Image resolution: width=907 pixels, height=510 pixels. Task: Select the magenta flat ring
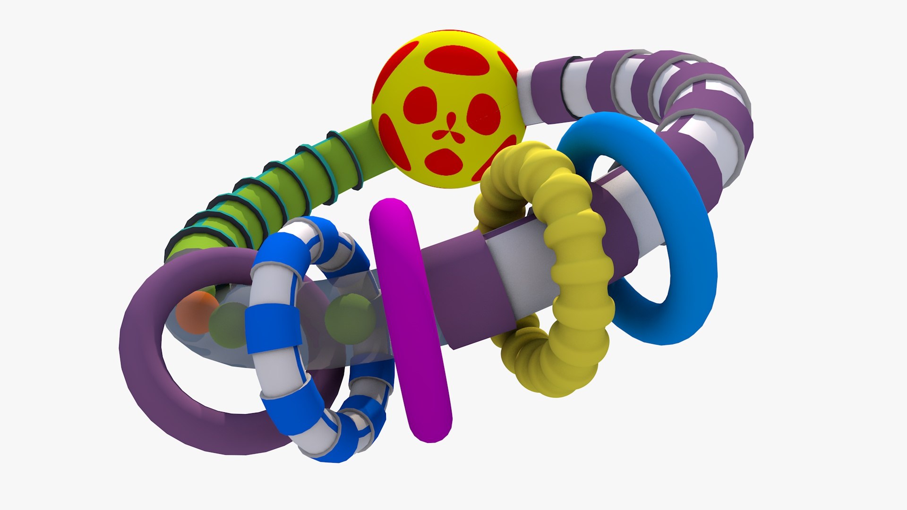click(x=410, y=321)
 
